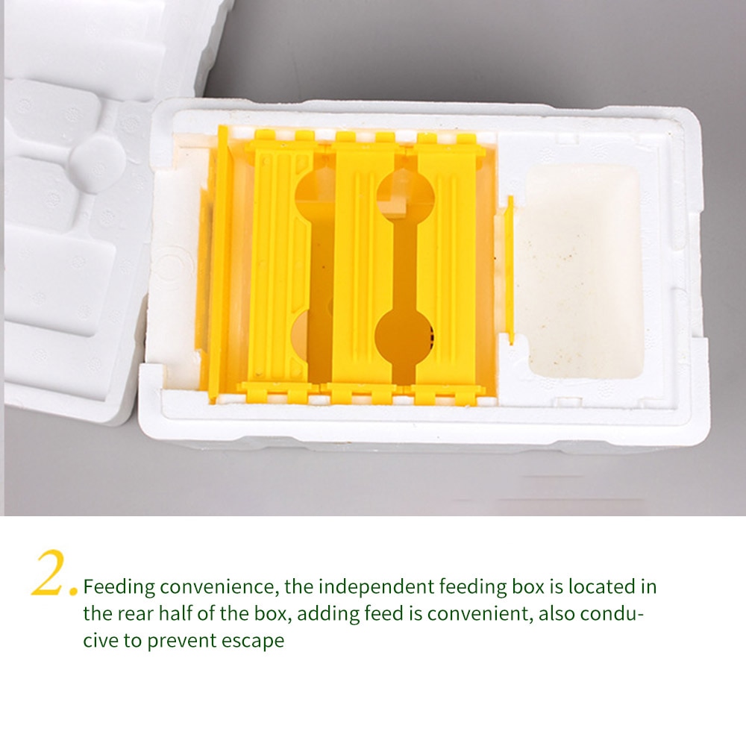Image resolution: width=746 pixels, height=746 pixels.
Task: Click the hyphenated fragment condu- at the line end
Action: (x=615, y=613)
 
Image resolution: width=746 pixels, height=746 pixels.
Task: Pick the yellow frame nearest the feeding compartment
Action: (x=448, y=269)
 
